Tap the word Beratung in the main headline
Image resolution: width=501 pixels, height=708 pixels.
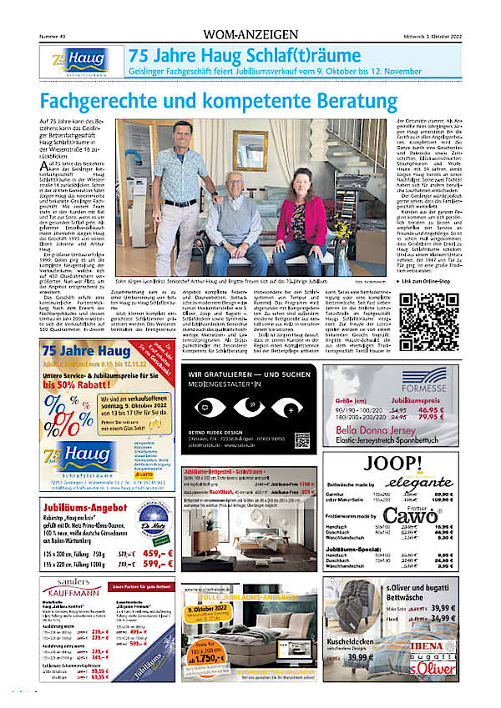350,103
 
